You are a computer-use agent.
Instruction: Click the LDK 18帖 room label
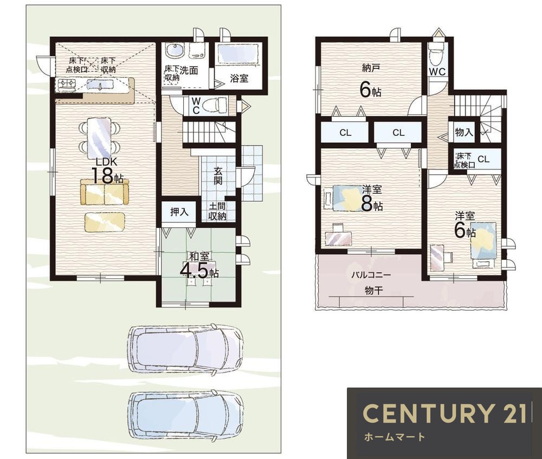106,171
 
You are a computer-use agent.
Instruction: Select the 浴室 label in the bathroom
239,78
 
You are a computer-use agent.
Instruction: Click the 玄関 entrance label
218,176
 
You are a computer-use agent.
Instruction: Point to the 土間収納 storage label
217,211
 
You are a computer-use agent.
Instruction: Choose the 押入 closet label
179,212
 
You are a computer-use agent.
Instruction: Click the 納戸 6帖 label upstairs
371,81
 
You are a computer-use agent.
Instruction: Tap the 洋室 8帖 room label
372,198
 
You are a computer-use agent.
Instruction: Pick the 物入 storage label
464,132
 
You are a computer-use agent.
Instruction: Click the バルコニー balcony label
371,275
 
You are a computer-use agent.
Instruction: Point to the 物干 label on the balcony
374,290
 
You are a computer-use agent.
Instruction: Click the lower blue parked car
186,415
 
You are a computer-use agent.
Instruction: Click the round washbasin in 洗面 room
175,51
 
